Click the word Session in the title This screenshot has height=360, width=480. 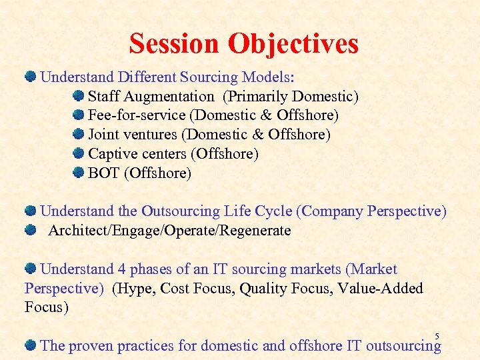pos(175,44)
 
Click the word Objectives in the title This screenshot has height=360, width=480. pos(293,44)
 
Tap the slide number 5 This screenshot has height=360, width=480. pos(437,335)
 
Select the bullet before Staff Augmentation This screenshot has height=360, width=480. pos(79,97)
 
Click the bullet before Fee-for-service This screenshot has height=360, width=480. pos(79,115)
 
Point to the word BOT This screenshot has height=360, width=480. pos(104,173)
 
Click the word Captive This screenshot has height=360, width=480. pos(113,154)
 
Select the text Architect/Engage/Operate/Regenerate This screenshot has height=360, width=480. pos(169,231)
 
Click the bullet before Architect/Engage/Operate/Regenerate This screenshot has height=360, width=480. pos(31,231)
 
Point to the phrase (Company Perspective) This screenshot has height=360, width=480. pos(371,211)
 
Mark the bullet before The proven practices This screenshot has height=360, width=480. pos(31,345)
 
